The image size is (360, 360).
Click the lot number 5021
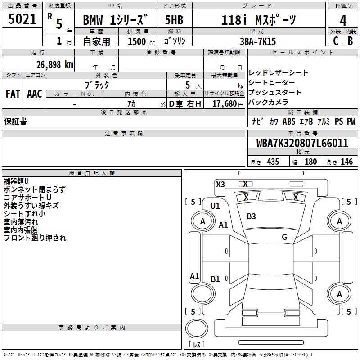pos(22,19)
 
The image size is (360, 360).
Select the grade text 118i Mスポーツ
pos(259,21)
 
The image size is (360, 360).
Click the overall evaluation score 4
pos(343,21)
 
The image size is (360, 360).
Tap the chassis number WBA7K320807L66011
pos(302,143)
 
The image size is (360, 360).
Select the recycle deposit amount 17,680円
pos(224,103)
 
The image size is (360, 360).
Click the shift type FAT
pos(13,94)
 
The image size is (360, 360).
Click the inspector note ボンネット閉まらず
pos(34,189)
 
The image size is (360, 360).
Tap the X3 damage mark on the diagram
pos(220,184)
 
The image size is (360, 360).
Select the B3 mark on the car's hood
pos(251,216)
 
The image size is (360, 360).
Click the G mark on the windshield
pos(284,237)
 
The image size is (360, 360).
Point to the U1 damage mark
pos(215,206)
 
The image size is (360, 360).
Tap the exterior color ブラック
pos(97,84)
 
